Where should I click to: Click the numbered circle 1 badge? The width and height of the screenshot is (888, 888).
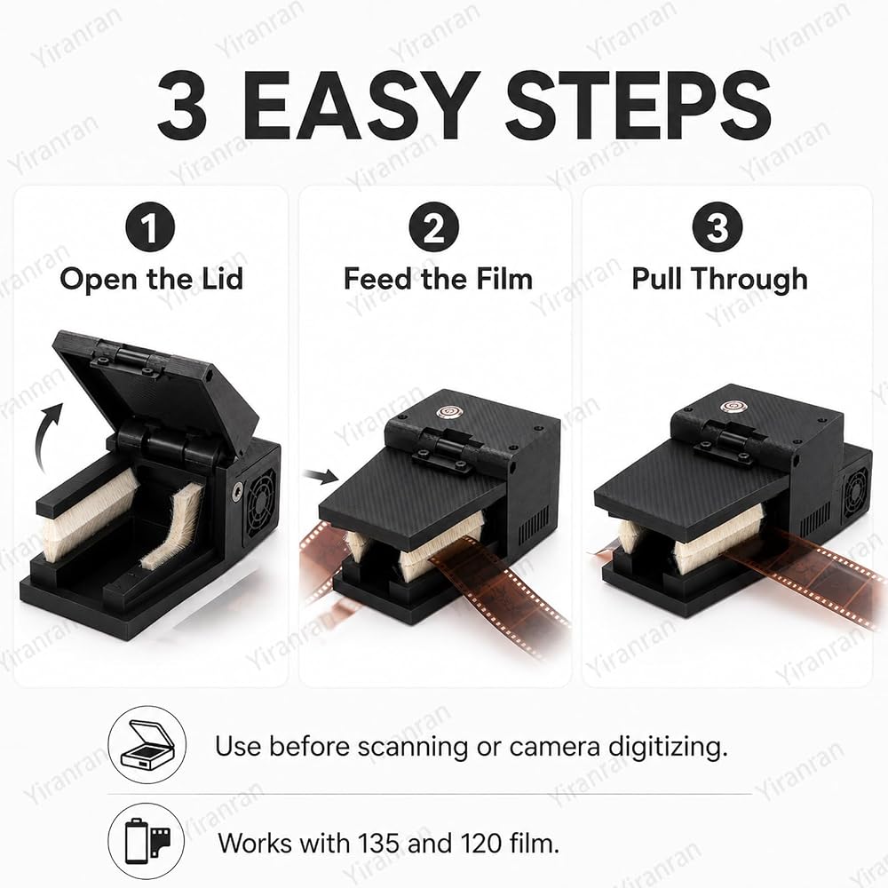[150, 226]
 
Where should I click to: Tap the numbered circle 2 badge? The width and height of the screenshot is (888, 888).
[434, 226]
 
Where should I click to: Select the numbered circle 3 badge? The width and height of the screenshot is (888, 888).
[718, 226]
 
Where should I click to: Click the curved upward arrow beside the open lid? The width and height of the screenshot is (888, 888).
[44, 436]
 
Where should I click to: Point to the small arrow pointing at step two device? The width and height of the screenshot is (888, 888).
[321, 477]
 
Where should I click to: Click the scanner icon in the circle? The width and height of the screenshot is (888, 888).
[147, 745]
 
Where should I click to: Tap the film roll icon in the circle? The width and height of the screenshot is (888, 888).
[147, 842]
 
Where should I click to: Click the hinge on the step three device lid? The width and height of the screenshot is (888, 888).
[728, 437]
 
